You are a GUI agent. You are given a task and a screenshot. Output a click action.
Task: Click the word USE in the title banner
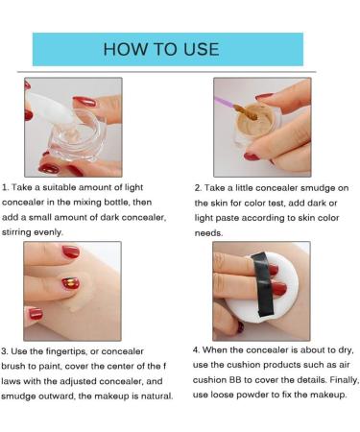tap(202, 49)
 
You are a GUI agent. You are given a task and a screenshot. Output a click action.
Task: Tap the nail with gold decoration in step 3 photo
tap(70, 283)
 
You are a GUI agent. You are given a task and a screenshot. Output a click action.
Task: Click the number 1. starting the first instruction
tap(5, 187)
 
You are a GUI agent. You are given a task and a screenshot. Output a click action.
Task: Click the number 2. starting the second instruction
tap(198, 188)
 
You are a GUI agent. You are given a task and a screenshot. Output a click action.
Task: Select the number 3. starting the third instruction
tap(5, 351)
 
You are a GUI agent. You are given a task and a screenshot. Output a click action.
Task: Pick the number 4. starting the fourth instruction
tap(196, 350)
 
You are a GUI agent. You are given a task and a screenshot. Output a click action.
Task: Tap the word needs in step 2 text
tap(208, 233)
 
